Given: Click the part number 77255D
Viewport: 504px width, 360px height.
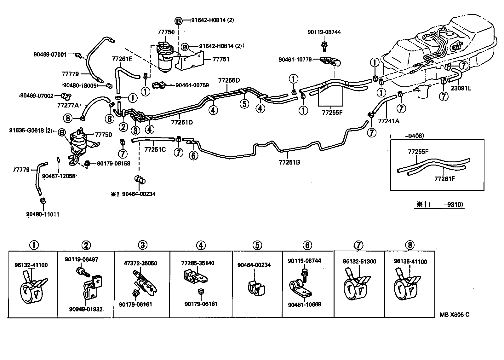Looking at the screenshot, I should pyautogui.click(x=229, y=80).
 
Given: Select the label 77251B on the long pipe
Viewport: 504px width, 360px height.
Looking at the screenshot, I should pyautogui.click(x=289, y=162).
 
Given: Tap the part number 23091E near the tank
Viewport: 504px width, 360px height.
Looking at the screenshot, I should pyautogui.click(x=461, y=88).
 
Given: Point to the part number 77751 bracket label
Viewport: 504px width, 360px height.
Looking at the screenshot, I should pyautogui.click(x=221, y=59).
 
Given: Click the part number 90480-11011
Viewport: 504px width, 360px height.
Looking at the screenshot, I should pyautogui.click(x=43, y=214).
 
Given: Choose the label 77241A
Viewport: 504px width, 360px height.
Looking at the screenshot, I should pyautogui.click(x=388, y=120).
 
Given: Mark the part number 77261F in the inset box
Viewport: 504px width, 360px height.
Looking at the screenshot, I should pyautogui.click(x=445, y=179).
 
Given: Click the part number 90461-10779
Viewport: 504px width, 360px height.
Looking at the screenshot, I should pyautogui.click(x=295, y=59).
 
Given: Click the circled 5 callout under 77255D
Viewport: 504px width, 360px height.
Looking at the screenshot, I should pyautogui.click(x=244, y=103).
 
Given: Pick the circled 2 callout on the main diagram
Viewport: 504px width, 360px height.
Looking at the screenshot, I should pyautogui.click(x=123, y=127).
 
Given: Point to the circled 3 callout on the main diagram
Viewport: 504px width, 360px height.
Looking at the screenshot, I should pyautogui.click(x=135, y=130).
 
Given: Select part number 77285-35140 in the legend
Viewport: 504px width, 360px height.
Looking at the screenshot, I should pyautogui.click(x=198, y=263).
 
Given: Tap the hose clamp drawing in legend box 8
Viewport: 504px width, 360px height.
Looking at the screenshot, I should pyautogui.click(x=406, y=285).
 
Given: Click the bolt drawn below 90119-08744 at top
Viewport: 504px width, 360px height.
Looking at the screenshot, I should pyautogui.click(x=324, y=47).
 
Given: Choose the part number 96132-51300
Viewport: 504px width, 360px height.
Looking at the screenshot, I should pyautogui.click(x=359, y=262).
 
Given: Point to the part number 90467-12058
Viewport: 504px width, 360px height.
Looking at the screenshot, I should pyautogui.click(x=59, y=176).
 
